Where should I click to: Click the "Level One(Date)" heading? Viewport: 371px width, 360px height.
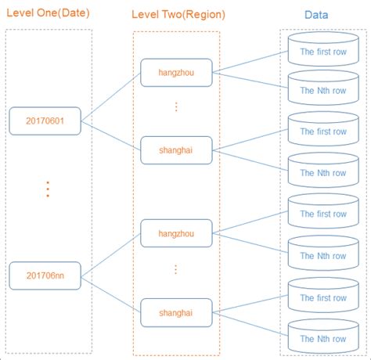tap(49, 14)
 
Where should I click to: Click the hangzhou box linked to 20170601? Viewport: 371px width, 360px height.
tap(176, 73)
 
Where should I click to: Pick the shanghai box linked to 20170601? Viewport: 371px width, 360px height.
tap(176, 150)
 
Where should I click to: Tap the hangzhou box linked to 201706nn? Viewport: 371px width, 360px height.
tap(176, 233)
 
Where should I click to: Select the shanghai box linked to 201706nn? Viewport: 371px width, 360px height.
tap(176, 312)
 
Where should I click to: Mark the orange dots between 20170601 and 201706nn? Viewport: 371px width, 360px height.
tap(48, 189)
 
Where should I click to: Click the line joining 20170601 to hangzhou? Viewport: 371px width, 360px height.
tap(111, 97)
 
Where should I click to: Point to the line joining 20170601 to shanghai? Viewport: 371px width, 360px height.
tap(111, 135)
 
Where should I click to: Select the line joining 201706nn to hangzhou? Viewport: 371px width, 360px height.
tap(111, 255)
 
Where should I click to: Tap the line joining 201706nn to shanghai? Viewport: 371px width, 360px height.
tap(111, 293)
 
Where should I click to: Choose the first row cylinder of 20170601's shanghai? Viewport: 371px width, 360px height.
tap(322, 131)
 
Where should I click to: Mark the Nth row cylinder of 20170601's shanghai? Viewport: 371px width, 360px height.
tap(322, 173)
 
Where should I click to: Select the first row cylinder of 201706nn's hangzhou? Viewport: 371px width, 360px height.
tap(322, 214)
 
